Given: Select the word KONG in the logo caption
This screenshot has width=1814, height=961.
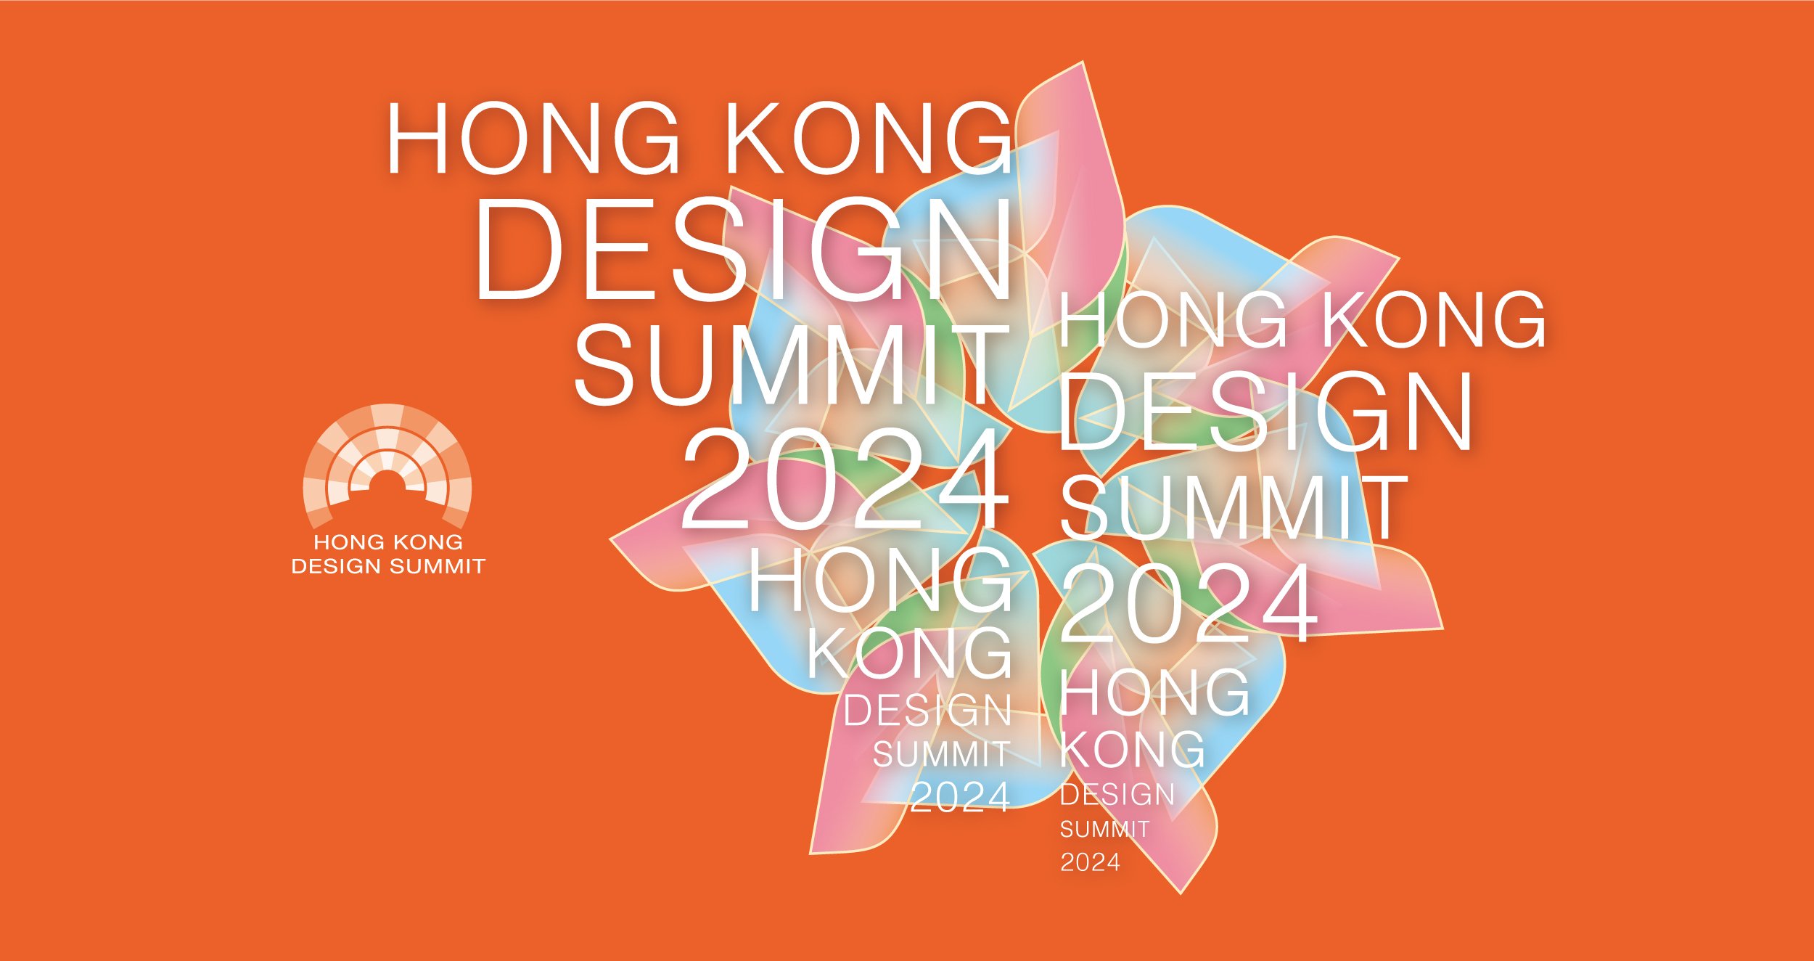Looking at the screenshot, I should click(428, 542).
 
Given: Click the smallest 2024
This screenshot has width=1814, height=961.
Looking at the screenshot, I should click(1090, 863).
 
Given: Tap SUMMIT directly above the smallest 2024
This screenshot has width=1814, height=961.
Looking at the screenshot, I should click(1104, 829).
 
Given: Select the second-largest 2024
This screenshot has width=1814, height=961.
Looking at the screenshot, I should click(1189, 602).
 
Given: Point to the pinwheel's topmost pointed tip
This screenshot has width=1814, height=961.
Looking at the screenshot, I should click(1083, 63).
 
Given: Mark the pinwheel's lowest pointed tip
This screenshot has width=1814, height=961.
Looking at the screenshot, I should click(1180, 892).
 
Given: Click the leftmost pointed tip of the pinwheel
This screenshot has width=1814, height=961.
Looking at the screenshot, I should click(612, 539).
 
